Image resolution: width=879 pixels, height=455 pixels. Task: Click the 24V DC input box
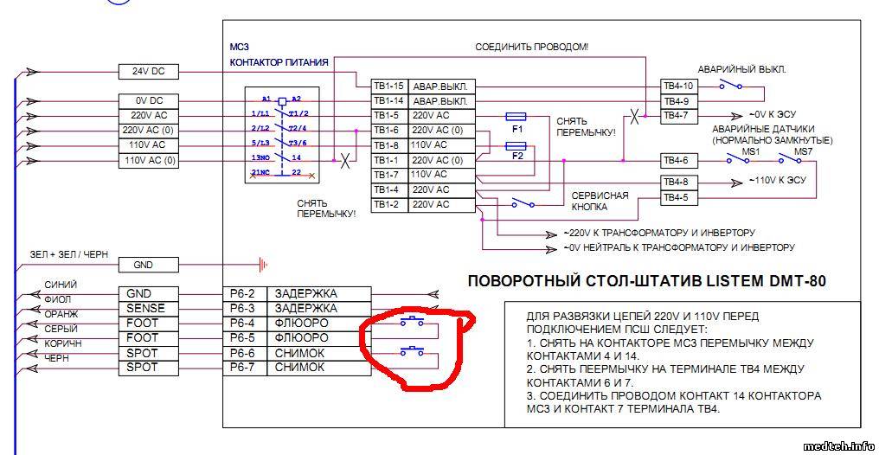[x=149, y=71]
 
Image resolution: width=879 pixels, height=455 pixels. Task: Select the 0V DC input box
[x=149, y=101]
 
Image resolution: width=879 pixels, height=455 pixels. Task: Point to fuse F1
[x=516, y=115]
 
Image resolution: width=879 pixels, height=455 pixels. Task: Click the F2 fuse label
[x=517, y=157]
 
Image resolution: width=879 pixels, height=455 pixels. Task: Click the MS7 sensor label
[x=804, y=152]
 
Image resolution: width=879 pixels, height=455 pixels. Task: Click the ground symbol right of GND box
[x=263, y=264]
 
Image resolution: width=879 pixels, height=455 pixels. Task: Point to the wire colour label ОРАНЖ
[x=61, y=313]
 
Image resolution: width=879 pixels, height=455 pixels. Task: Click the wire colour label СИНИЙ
[x=61, y=284]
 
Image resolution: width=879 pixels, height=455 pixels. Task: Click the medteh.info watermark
[x=837, y=446]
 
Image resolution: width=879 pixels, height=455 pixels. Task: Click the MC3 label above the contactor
[x=239, y=48]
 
